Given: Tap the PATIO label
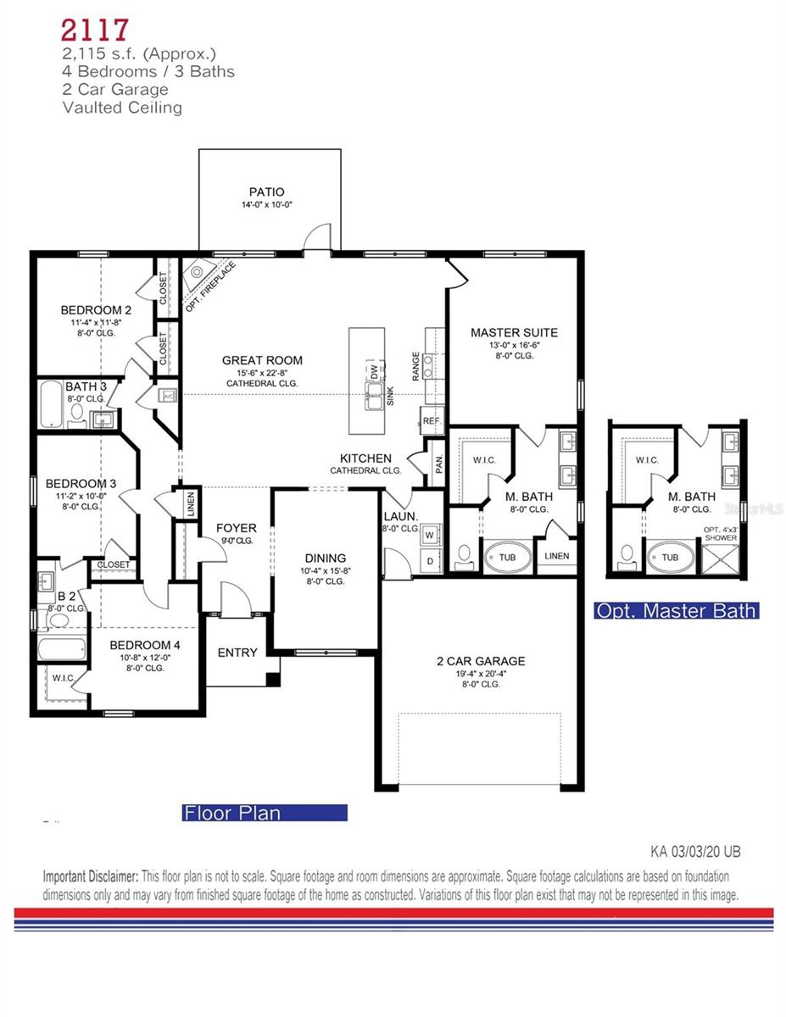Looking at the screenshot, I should point(266,192).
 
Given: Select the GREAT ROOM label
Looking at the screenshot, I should point(262,360).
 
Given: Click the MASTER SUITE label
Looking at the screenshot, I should point(514,332).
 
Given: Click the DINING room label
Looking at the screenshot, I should point(326,558).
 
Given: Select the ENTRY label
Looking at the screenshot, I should point(237,653).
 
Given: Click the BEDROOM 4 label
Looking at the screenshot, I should point(144,644).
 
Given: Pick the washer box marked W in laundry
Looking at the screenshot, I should point(429,535).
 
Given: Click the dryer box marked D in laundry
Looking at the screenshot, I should point(429,560).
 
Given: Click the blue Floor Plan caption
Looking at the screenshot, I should point(265,813).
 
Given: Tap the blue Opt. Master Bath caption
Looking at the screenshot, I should point(675,610).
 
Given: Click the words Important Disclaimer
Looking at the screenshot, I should point(92,876).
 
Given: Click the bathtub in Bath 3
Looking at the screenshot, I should point(53,405).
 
